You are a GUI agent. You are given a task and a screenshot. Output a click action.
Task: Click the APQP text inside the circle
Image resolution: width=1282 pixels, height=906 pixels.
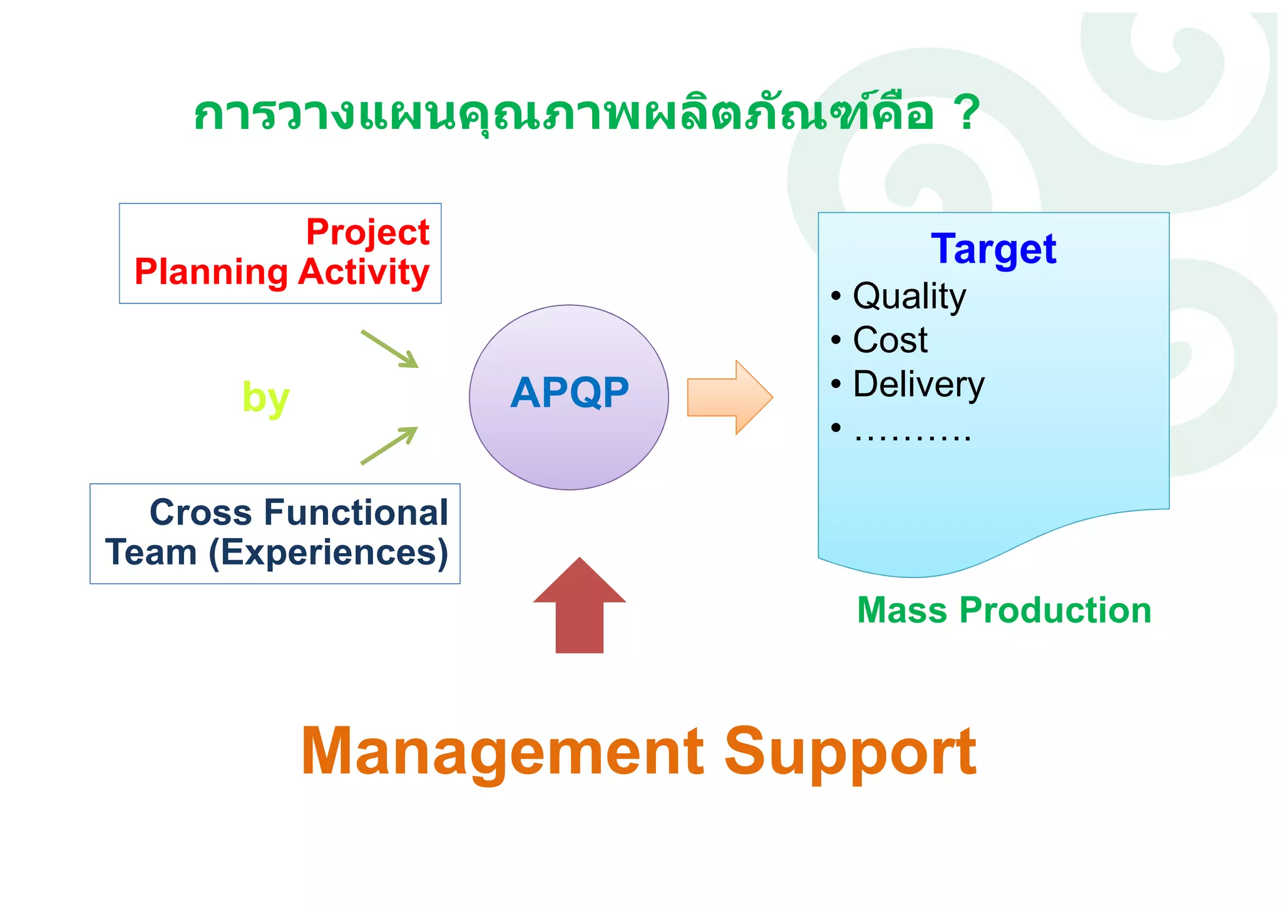[569, 393]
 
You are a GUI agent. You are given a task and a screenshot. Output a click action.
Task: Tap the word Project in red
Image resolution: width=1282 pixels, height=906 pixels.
[367, 232]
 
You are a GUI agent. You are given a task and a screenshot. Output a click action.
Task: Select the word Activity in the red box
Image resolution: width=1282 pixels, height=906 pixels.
[364, 272]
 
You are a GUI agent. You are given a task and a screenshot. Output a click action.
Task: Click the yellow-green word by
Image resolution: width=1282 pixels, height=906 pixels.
[265, 398]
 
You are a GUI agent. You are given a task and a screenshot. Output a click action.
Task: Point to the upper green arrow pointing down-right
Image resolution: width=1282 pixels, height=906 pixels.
[389, 349]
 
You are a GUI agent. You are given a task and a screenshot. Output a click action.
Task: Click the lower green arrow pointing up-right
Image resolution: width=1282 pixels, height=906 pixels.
[389, 445]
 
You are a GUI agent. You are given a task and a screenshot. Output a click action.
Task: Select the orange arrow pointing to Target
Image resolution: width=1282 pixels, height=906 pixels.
[730, 397]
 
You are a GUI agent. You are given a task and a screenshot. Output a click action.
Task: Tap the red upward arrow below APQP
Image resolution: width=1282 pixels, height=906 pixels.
[580, 605]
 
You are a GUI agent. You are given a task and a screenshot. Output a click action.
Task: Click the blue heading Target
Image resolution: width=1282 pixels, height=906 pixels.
[993, 249]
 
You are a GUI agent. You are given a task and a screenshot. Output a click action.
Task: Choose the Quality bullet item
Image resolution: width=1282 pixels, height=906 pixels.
[909, 296]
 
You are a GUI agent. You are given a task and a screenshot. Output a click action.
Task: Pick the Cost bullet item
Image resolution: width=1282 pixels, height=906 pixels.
[890, 340]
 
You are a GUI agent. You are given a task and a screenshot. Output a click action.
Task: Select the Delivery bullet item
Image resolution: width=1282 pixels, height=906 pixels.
[918, 384]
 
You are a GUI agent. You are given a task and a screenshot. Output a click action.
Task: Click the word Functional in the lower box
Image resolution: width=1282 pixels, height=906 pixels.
[356, 512]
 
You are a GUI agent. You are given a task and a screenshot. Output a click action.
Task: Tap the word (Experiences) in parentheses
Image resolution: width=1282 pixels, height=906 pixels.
[328, 553]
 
